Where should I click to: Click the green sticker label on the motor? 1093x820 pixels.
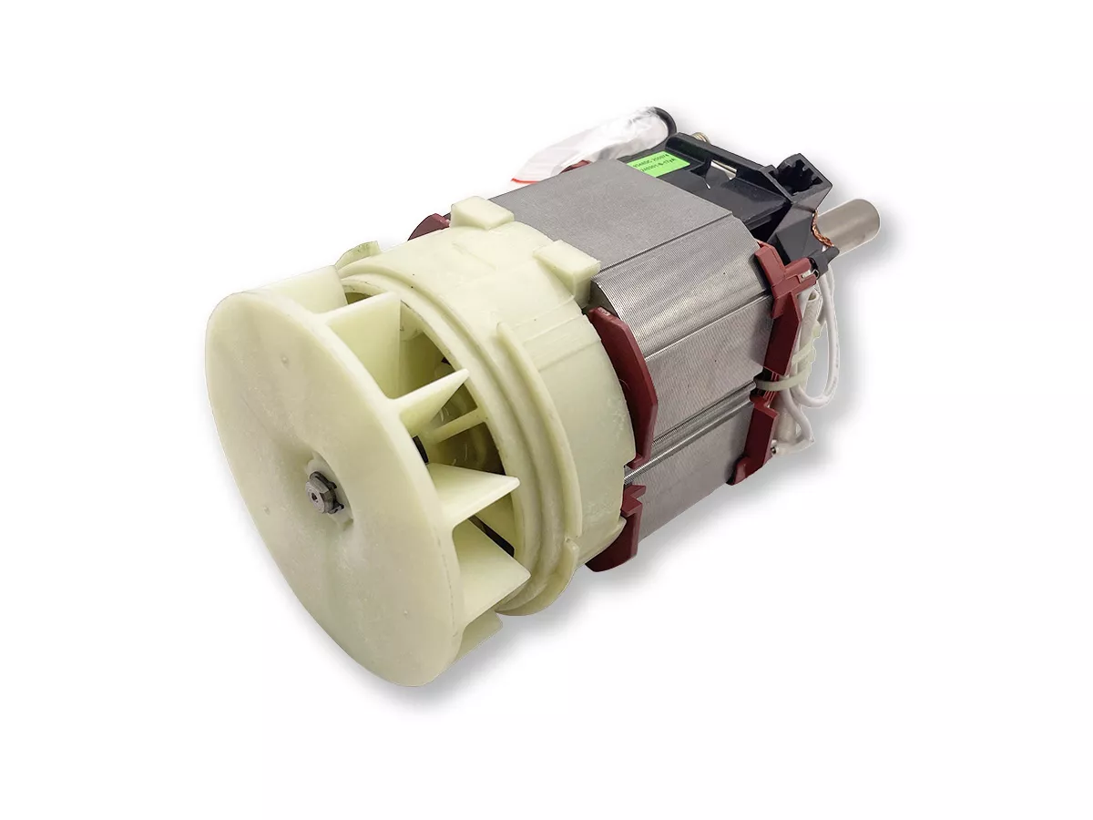tap(651, 169)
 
